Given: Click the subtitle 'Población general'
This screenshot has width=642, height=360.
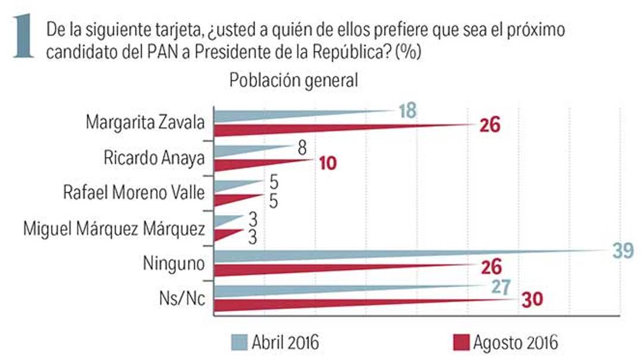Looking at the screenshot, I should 294,81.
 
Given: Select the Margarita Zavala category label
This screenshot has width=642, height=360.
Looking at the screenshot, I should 146,123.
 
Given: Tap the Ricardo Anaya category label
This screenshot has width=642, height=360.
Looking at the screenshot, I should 155,158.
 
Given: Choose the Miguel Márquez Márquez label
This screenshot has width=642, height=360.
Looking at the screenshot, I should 114,228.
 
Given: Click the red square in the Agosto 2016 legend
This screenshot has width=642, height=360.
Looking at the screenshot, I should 461,342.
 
